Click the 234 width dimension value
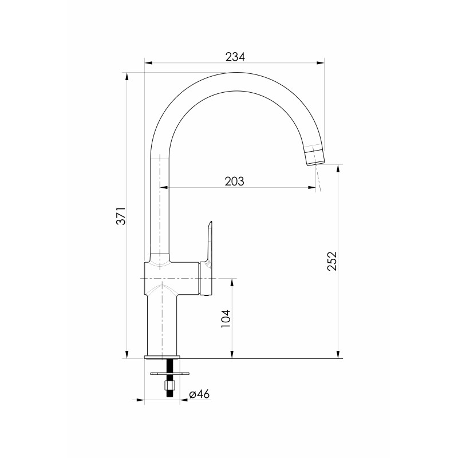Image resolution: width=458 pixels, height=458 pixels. tap(235, 57)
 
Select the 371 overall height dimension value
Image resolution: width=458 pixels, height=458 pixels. tap(121, 216)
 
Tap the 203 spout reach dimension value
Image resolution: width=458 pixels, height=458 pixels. tap(234, 181)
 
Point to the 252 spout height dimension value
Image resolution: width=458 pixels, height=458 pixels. tap(332, 261)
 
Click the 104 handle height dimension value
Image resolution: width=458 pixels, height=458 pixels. tap(226, 318)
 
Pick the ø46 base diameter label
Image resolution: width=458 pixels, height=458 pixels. tap(199, 394)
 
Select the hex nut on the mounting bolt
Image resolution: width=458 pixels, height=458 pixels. tap(169, 386)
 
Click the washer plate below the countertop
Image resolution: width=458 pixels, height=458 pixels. tap(169, 373)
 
